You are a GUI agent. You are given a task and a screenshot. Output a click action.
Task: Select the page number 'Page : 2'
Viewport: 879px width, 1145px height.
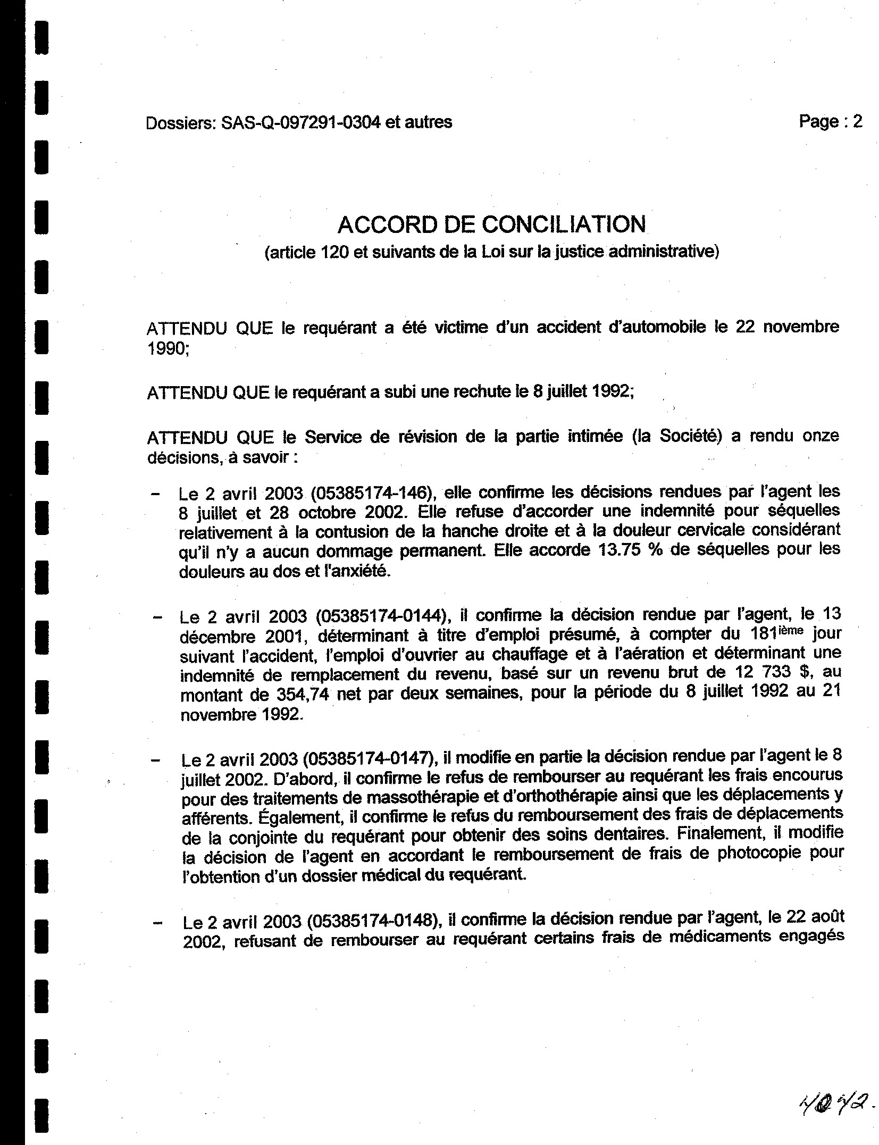(830, 122)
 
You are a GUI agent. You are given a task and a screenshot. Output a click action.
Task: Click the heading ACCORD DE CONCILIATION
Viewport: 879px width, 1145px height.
(491, 224)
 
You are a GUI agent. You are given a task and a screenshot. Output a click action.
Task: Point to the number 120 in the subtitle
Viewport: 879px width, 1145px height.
(334, 252)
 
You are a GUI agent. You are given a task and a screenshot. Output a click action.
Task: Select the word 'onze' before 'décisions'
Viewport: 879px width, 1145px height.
(821, 436)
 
